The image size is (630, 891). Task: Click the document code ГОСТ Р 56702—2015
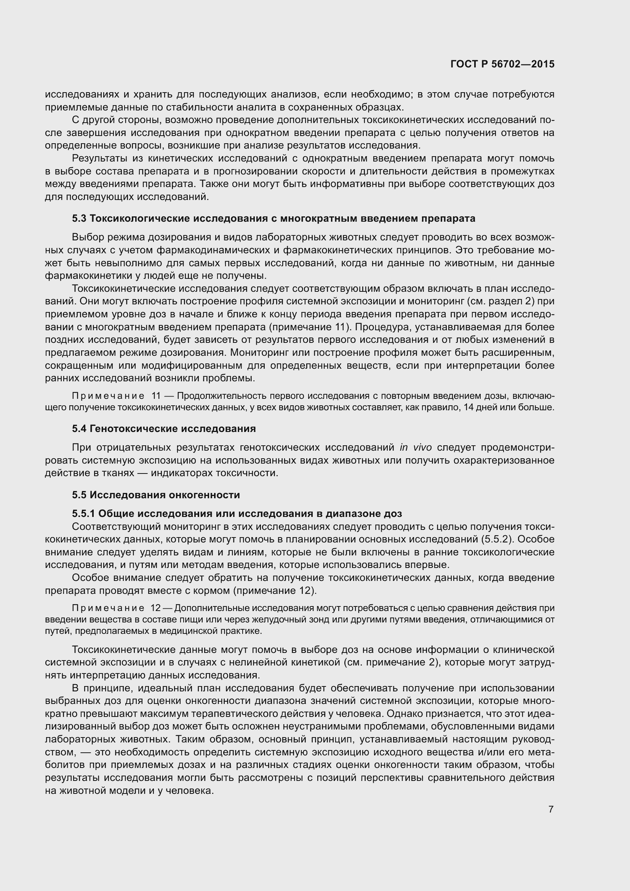tap(502, 64)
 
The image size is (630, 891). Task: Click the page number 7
tap(551, 809)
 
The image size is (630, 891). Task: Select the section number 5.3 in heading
tap(79, 219)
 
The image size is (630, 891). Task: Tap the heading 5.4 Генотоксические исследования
tap(164, 429)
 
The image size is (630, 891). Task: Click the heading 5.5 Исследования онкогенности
tap(156, 495)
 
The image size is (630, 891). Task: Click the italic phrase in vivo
tap(416, 448)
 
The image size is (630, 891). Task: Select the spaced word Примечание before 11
tap(108, 396)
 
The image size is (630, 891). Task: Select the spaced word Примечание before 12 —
tap(108, 608)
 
